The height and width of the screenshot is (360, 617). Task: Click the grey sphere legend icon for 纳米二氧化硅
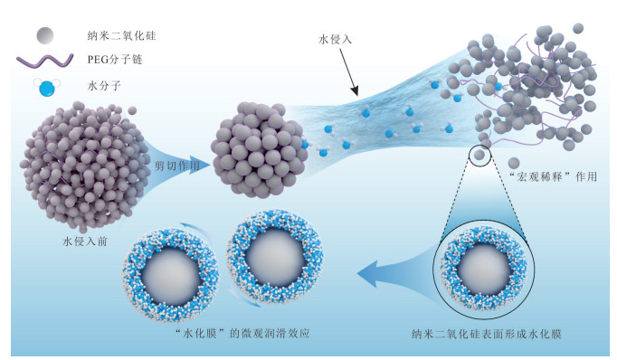click(45, 35)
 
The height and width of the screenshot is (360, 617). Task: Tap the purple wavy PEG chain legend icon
click(45, 61)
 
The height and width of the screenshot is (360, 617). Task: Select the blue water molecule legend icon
click(47, 88)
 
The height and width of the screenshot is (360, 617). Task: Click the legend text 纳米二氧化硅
click(121, 36)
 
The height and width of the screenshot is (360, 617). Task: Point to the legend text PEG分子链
click(115, 60)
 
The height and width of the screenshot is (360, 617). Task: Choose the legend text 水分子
click(104, 86)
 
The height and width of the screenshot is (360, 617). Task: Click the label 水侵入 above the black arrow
click(335, 39)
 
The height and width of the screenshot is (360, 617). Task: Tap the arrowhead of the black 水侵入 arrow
click(355, 91)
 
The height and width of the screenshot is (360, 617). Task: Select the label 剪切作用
click(177, 166)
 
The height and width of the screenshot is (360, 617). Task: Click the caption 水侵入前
click(85, 242)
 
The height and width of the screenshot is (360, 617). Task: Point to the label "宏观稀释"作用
click(554, 176)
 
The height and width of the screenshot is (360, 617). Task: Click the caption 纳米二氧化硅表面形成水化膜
click(487, 334)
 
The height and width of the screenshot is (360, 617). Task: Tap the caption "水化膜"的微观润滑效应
click(242, 334)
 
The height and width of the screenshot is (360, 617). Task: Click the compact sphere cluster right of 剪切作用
click(260, 149)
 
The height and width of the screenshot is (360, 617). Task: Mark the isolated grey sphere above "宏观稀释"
click(514, 163)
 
